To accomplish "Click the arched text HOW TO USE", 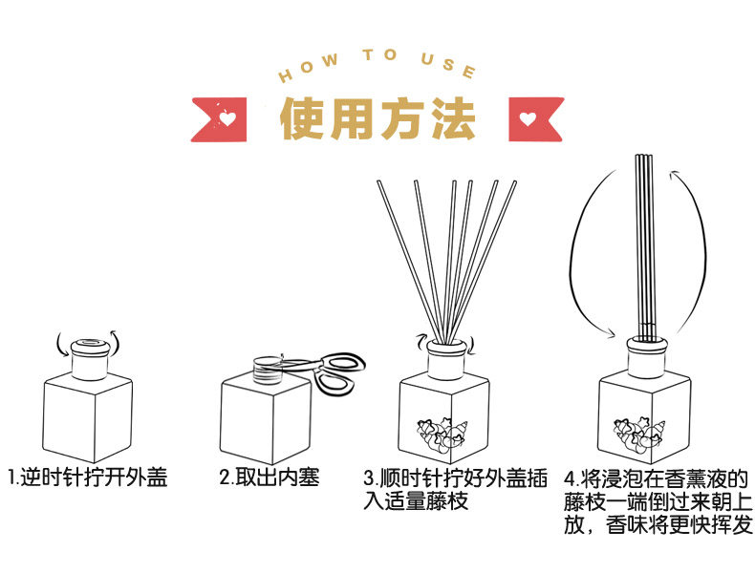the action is tap(376, 63).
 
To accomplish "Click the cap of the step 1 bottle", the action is tap(89, 357).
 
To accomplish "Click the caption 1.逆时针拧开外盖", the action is tap(88, 477).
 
